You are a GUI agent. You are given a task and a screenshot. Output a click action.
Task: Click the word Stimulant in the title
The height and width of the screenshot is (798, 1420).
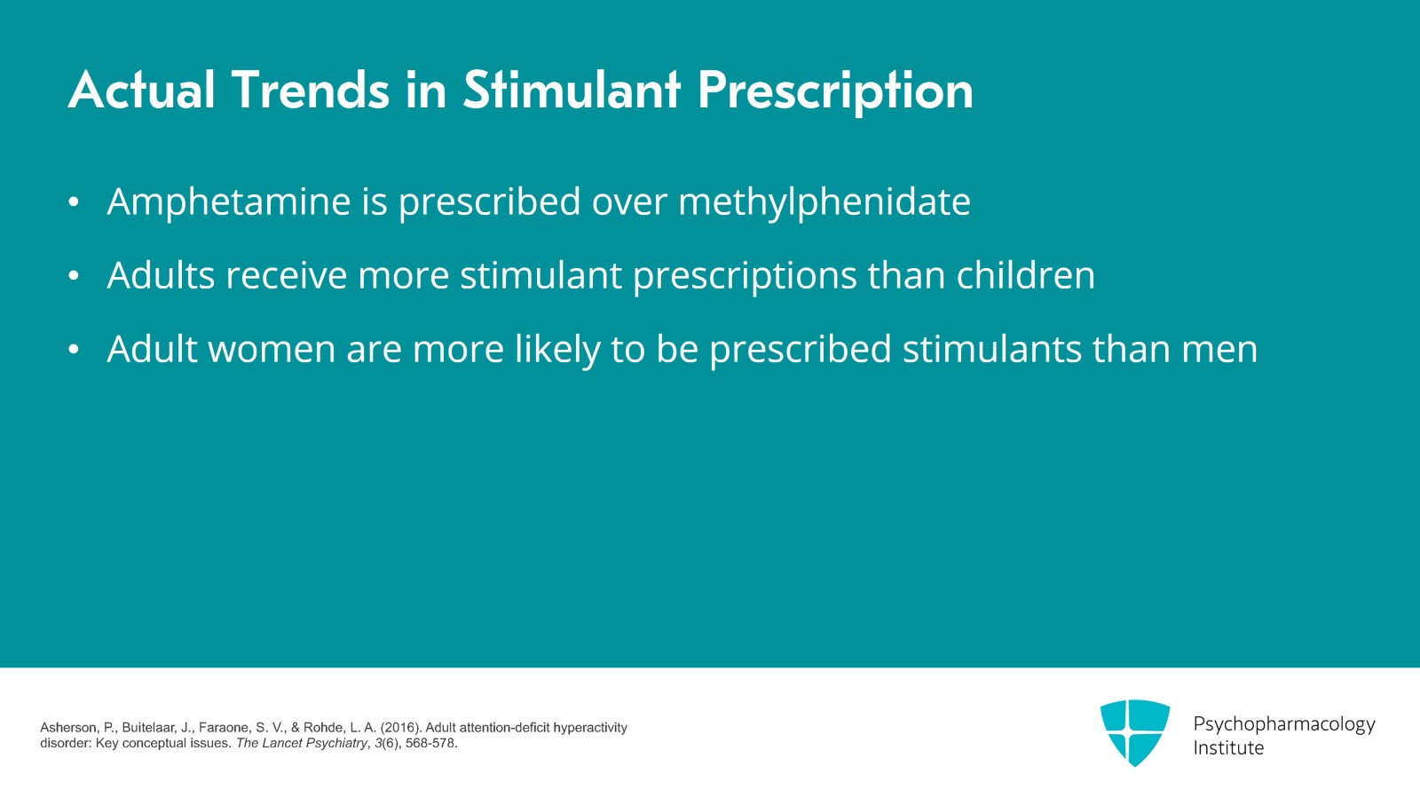point(572,91)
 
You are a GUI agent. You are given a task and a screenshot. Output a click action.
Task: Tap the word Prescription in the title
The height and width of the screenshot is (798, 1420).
point(835,92)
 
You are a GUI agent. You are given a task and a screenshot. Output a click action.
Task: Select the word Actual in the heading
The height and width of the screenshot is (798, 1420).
point(142,91)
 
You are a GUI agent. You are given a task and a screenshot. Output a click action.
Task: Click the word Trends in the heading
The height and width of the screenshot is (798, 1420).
point(311,91)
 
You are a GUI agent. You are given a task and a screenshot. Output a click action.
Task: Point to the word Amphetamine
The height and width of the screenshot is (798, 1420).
point(229,202)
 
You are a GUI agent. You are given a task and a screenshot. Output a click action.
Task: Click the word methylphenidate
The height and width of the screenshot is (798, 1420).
point(824,202)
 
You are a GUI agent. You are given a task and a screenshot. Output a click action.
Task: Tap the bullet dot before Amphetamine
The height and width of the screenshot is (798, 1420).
point(74,203)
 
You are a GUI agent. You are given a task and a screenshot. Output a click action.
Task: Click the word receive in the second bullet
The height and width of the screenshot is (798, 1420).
point(286,276)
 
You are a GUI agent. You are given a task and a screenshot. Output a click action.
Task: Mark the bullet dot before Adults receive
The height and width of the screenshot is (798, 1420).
point(74,277)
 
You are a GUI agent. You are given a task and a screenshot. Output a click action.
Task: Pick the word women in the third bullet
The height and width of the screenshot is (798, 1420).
point(272,350)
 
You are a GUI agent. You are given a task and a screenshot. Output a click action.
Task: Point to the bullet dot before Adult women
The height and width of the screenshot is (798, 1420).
point(74,351)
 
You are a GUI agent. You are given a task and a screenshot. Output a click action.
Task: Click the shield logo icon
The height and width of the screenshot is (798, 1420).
point(1135,732)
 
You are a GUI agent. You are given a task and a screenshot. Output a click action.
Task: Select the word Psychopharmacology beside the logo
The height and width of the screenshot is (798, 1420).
point(1283,724)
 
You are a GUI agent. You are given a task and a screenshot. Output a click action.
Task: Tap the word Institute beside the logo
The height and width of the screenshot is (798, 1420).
point(1228,748)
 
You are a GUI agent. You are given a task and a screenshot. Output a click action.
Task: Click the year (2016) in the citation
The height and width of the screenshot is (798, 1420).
point(400,728)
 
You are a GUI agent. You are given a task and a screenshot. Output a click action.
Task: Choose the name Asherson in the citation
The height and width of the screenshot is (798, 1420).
point(69,728)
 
